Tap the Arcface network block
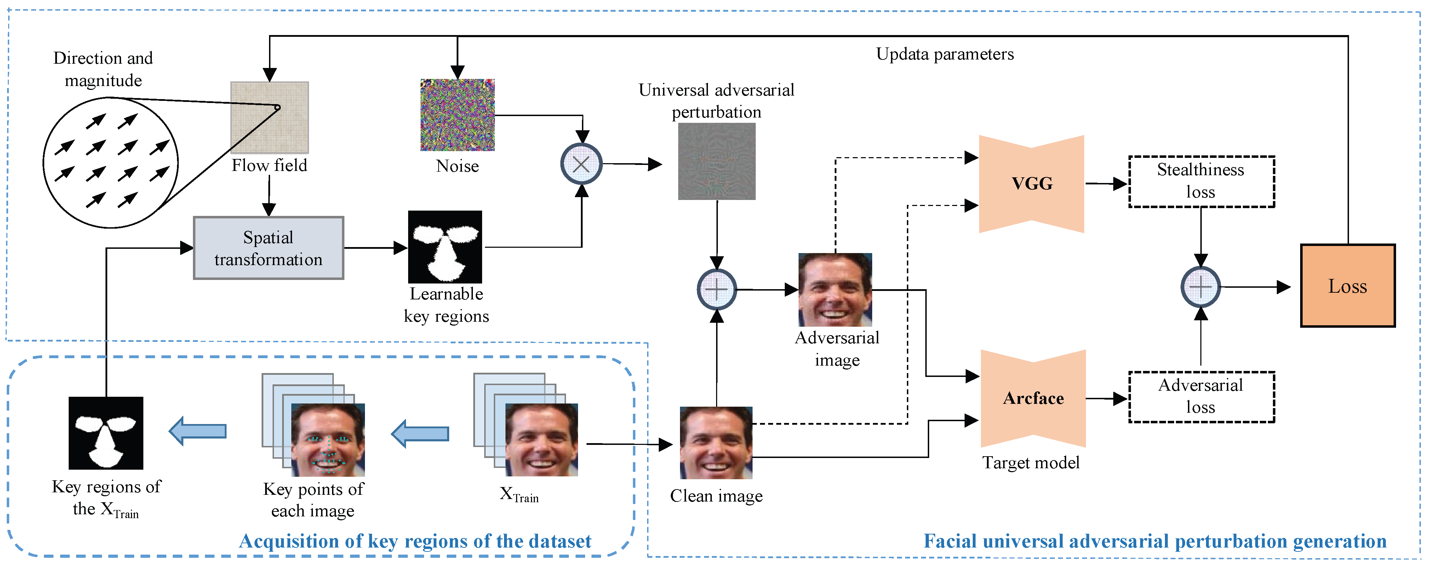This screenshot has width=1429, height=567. click(1033, 398)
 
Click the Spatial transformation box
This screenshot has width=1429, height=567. click(269, 248)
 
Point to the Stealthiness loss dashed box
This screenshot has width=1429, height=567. click(1201, 182)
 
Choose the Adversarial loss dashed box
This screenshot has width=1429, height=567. click(1201, 397)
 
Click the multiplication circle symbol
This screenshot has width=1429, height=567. click(581, 164)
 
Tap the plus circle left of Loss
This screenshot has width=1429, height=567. click(1200, 287)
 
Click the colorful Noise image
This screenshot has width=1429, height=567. click(457, 115)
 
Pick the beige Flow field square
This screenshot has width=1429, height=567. click(270, 118)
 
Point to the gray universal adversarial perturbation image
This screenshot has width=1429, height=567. click(717, 161)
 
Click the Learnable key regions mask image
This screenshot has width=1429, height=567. click(445, 247)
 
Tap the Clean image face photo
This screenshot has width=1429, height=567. click(716, 443)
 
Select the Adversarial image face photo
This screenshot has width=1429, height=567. click(835, 289)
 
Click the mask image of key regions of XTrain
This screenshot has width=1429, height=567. click(106, 433)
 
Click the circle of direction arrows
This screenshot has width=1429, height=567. click(110, 162)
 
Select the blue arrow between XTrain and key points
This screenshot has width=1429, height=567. click(421, 433)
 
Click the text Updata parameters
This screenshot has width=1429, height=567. click(945, 55)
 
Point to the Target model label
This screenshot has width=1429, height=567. click(1031, 463)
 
